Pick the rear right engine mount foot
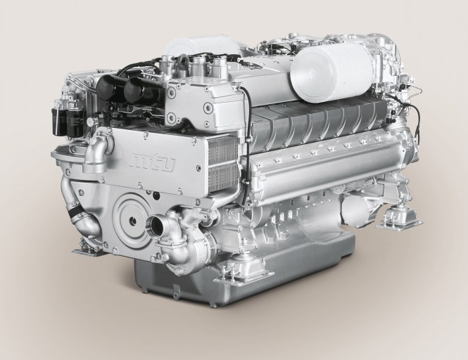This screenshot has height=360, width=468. coord(398,219)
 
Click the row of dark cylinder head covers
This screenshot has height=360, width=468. coord(317,120)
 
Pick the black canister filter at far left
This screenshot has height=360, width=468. coord(58,120)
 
